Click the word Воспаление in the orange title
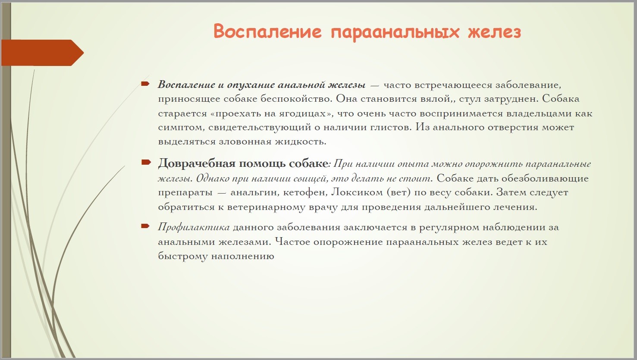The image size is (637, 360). [267, 31]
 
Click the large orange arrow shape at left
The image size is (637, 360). [42, 53]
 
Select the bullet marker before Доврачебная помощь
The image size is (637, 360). [146, 163]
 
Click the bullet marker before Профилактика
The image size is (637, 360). [145, 226]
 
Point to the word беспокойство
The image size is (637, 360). [296, 99]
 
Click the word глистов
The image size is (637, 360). [390, 127]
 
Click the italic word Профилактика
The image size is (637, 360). [194, 227]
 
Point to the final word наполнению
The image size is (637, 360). [242, 256]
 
